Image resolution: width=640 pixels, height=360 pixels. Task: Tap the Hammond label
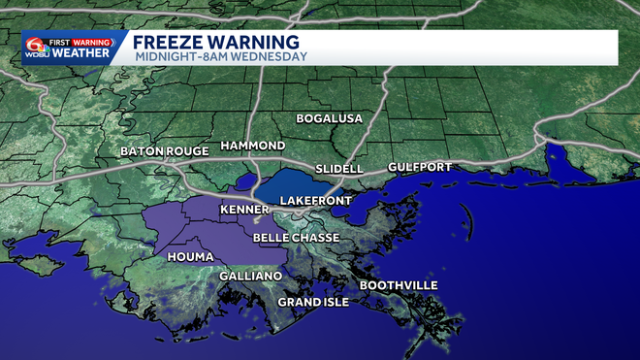(x=252, y=146)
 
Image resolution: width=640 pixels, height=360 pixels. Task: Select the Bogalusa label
(x=329, y=118)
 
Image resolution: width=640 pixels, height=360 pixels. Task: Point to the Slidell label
(x=339, y=169)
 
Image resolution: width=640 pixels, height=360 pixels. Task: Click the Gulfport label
(x=419, y=167)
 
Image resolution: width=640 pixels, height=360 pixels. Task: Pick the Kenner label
(x=244, y=210)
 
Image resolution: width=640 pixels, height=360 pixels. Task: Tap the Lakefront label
(x=312, y=200)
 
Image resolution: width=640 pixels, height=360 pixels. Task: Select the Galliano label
(x=250, y=277)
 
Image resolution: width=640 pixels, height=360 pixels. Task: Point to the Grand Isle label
(x=312, y=302)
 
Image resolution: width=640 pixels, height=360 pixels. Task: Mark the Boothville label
(x=399, y=285)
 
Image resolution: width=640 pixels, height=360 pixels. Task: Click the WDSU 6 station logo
(x=36, y=47)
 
